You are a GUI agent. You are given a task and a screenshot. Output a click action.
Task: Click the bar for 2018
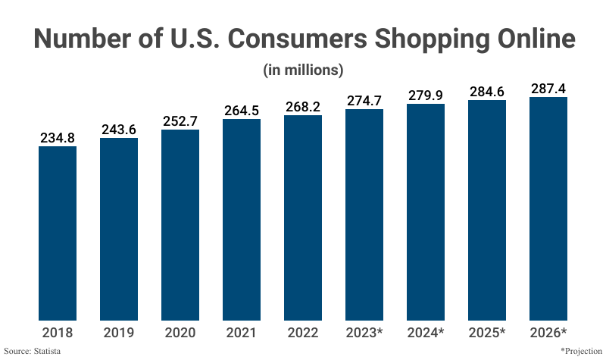58,233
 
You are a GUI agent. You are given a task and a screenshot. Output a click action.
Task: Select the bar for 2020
180,224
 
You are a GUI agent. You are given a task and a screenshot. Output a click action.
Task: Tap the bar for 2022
303,218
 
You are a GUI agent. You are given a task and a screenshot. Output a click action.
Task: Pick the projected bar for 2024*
426,212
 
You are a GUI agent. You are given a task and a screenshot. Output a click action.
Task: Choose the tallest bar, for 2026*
548,208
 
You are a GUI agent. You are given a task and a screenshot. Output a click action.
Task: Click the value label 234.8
58,138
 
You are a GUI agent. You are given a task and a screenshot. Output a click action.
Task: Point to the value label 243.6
119,130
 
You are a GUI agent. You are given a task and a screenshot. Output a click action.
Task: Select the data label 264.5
242,111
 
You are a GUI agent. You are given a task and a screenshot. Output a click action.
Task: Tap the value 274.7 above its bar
364,101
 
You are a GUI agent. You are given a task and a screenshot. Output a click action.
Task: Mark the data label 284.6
487,92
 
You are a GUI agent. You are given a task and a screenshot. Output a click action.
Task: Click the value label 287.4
548,89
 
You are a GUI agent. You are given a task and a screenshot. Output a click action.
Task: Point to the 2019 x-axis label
119,332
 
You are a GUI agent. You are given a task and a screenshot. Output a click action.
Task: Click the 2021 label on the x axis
242,332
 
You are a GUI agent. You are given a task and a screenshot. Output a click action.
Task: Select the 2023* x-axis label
364,332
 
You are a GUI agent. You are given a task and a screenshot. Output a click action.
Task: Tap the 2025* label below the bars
487,332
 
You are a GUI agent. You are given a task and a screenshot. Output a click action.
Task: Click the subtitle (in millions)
303,70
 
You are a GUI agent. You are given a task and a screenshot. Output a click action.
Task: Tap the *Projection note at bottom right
580,352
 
